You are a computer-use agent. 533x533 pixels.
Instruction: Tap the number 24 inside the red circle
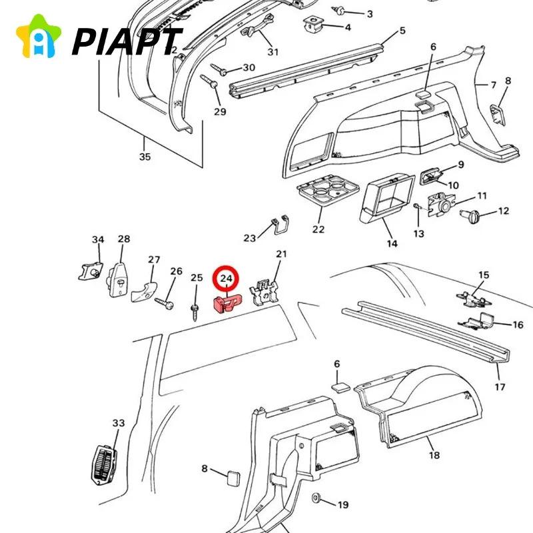[x=227, y=278]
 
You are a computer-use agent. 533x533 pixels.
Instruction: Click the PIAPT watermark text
[x=127, y=41]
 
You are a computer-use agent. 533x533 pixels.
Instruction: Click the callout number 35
[x=145, y=157]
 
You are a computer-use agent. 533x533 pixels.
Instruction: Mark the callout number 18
[x=434, y=455]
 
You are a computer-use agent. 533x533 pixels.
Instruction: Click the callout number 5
[x=402, y=31]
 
